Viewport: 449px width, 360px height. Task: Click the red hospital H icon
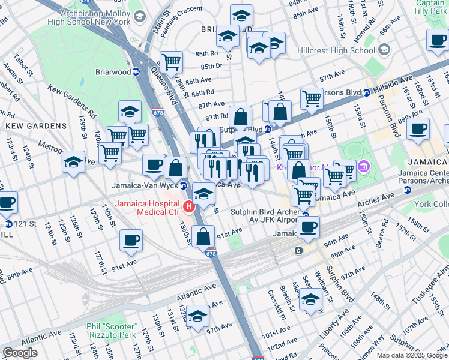point(190,207)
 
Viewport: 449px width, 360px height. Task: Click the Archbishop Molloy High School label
point(89,16)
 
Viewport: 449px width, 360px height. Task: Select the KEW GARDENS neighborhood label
point(37,126)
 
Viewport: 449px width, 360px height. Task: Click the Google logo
point(20,353)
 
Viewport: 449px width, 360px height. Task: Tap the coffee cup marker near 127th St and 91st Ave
point(131,241)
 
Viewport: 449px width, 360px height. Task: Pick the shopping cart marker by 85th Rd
point(172,61)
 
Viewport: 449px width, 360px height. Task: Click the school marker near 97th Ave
point(197,316)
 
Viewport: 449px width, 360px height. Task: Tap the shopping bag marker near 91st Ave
point(203,236)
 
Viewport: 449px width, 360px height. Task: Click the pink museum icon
point(363,166)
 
